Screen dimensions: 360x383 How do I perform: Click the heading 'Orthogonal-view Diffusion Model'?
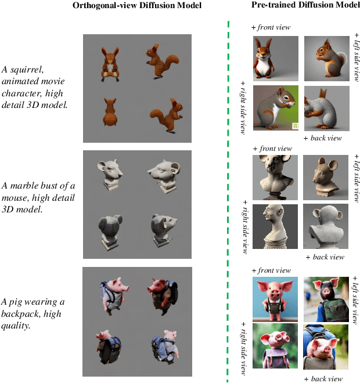pos(137,5)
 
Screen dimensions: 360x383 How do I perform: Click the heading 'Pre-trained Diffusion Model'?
pos(305,5)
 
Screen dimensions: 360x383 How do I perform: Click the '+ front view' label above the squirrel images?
pos(271,27)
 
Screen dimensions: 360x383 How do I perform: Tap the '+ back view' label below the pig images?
pos(323,379)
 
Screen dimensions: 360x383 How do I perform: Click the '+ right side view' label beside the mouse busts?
pos(245,227)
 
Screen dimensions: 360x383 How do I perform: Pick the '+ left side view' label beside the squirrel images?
pos(357,57)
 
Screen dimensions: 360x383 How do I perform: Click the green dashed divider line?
pos(228,201)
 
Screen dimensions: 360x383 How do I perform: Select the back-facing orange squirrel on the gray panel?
pos(110,112)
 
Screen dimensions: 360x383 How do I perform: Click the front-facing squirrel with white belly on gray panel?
pos(110,64)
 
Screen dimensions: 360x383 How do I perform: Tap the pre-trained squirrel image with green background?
pos(276,108)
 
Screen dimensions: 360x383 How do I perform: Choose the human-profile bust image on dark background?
pos(275,227)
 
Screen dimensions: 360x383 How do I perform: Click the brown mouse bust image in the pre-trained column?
pos(326,178)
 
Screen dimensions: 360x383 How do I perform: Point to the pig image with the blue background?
pos(275,299)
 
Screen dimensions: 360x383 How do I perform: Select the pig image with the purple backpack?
pos(275,346)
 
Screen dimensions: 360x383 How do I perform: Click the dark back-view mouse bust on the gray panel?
pos(110,232)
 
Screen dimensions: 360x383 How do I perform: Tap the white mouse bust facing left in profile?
pos(164,176)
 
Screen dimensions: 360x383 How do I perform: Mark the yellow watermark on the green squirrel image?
pos(295,126)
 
